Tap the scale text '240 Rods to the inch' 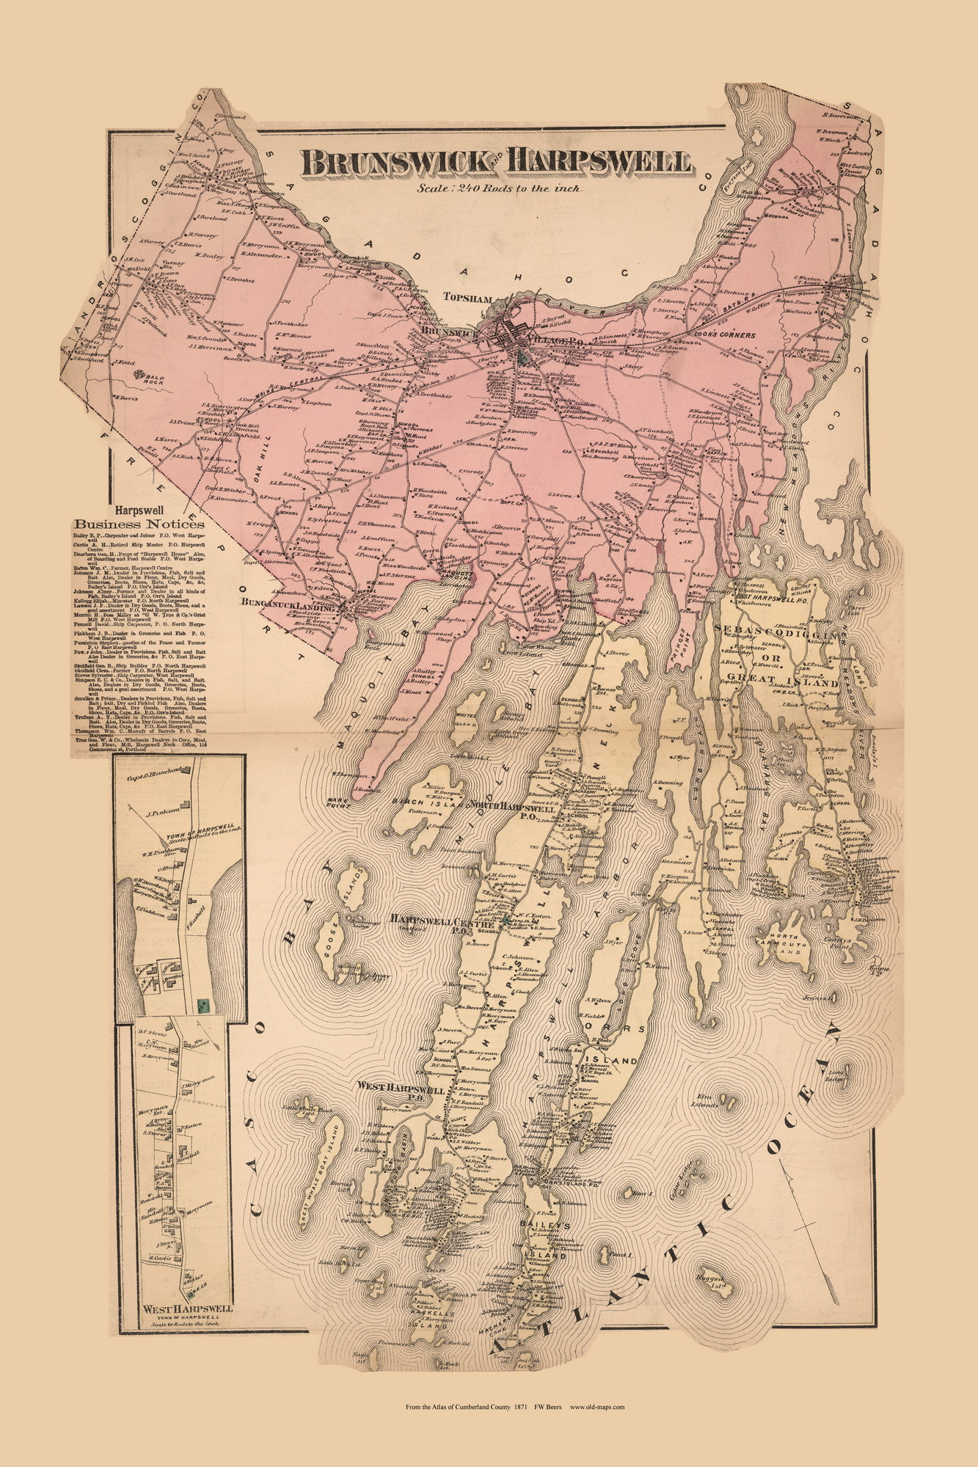point(521,189)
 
